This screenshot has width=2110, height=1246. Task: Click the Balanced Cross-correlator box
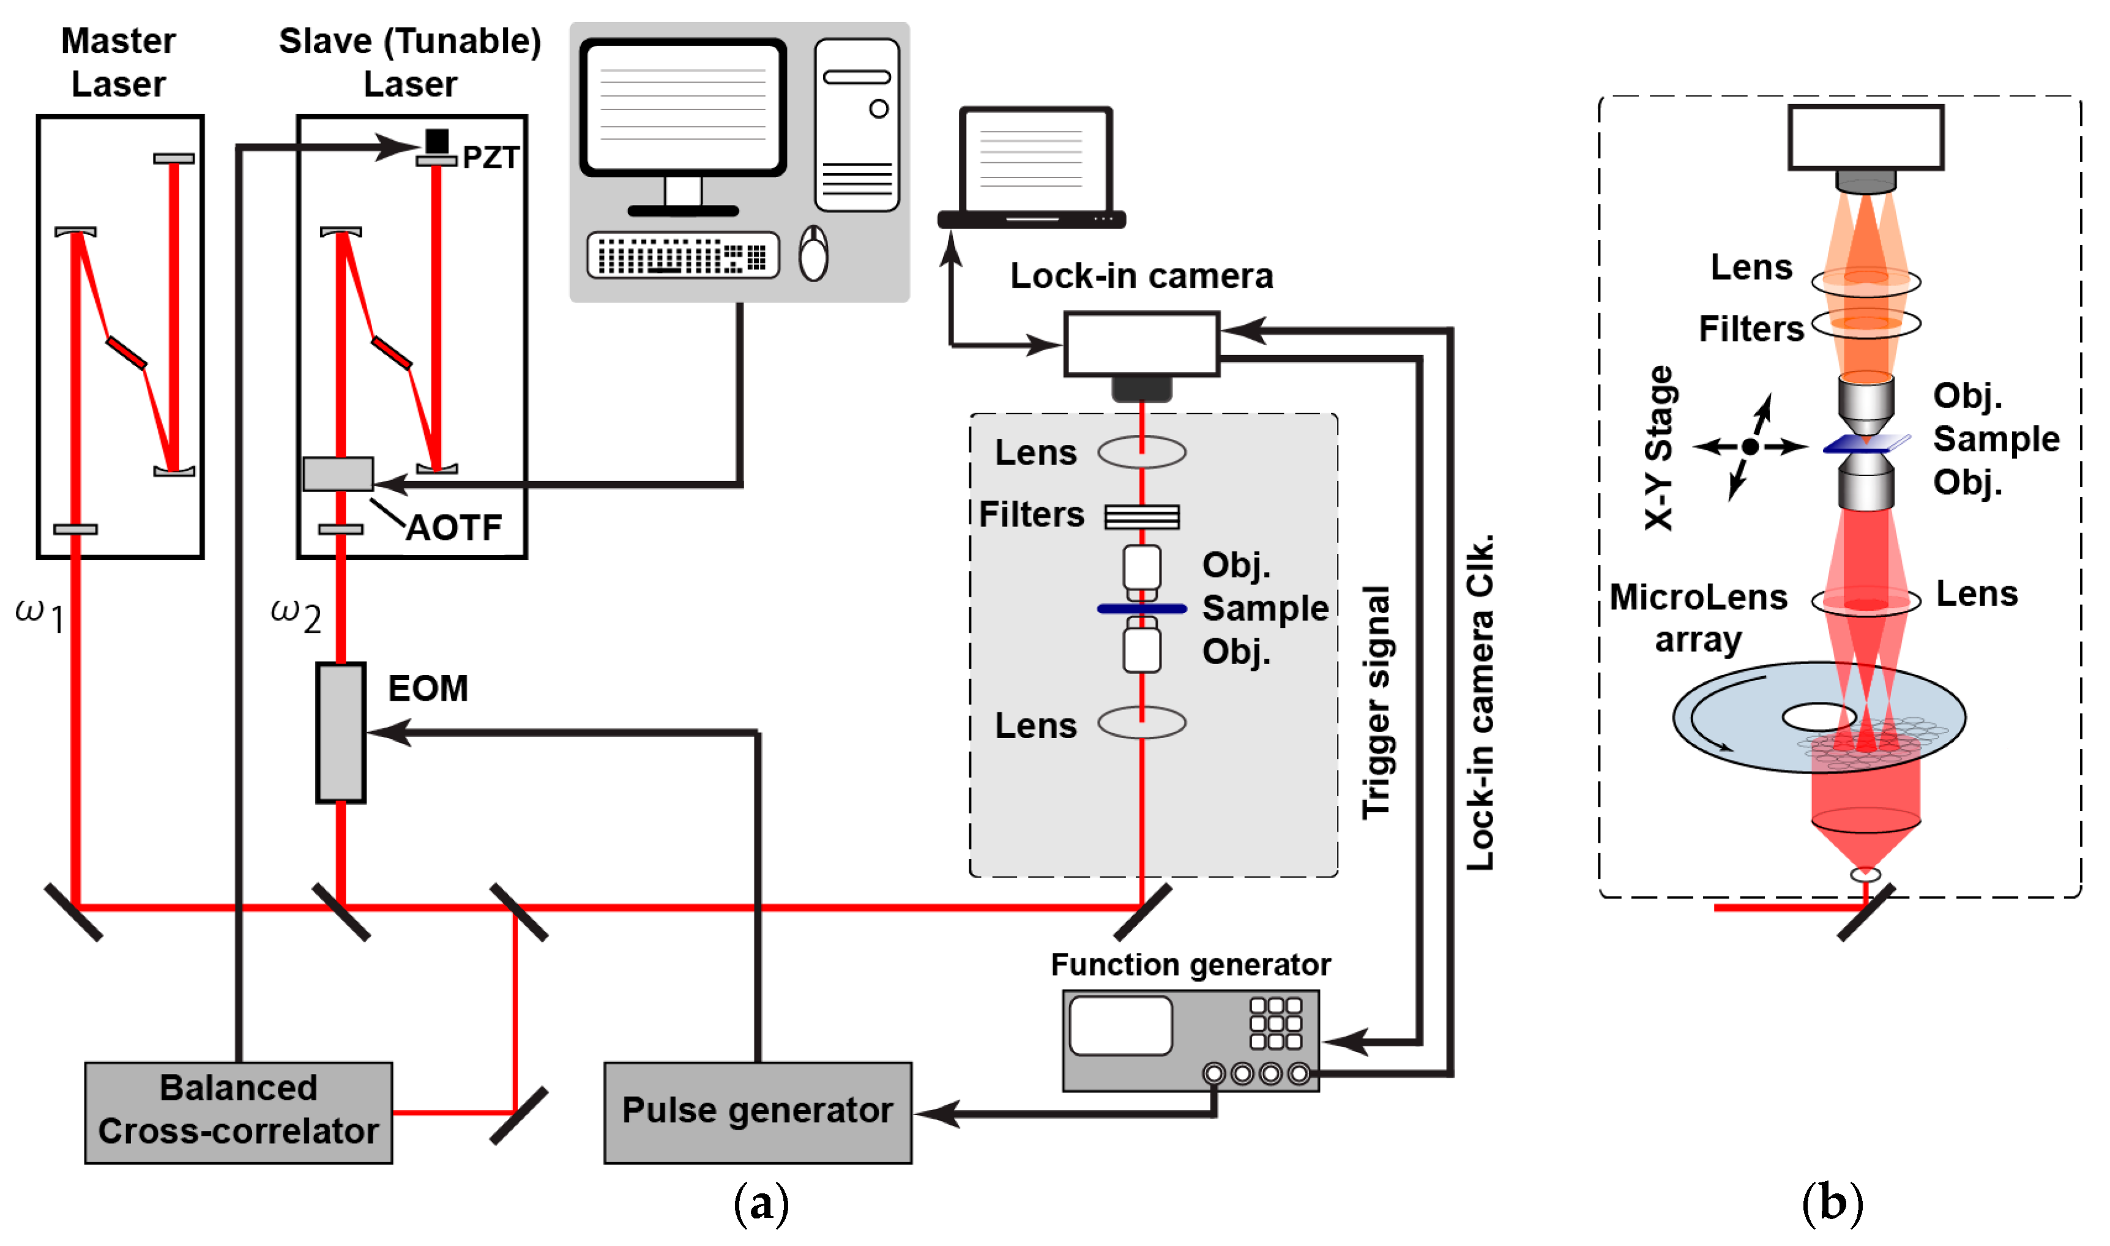click(x=239, y=1111)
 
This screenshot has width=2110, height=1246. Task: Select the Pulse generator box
click(x=757, y=1111)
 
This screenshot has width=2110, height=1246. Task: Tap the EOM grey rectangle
click(x=341, y=732)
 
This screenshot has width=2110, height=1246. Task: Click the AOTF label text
click(x=453, y=528)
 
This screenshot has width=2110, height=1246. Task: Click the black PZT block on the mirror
click(x=436, y=140)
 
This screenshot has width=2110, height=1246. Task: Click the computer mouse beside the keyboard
click(x=813, y=253)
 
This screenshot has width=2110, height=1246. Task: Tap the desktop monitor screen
click(x=682, y=106)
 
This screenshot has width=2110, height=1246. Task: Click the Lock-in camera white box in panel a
click(x=1141, y=343)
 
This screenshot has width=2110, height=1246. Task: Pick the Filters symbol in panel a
click(x=1141, y=517)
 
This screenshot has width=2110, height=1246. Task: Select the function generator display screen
click(x=1120, y=1025)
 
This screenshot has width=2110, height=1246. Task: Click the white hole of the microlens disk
click(x=1819, y=717)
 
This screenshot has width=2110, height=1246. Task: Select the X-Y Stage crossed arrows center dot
click(x=1750, y=447)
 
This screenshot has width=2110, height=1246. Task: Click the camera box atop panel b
click(x=1865, y=137)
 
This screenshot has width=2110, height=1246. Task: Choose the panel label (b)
click(x=1832, y=1204)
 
